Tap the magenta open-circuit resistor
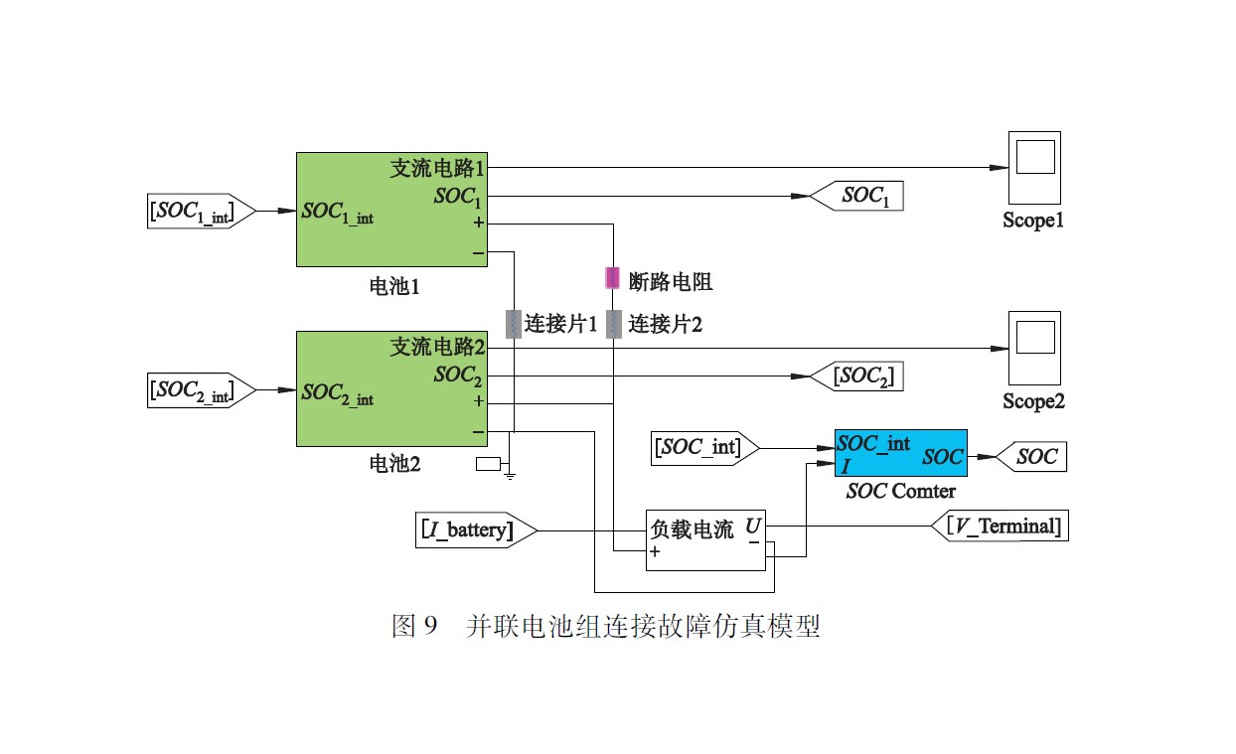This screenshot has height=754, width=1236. [613, 277]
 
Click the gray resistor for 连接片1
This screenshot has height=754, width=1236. [514, 324]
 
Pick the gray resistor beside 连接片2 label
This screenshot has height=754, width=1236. [613, 324]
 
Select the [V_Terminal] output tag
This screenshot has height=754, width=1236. [1000, 526]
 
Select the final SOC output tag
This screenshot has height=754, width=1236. [1030, 457]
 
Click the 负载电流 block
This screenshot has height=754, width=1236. [705, 541]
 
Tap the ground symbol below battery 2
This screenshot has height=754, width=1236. [510, 475]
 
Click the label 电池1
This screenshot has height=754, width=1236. [394, 288]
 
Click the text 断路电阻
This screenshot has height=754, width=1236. [672, 281]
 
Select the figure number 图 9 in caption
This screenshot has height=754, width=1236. [415, 627]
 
